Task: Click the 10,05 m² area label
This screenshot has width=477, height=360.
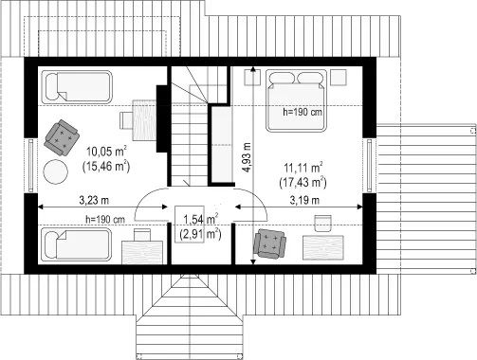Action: (106, 152)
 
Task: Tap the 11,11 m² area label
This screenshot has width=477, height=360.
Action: (303, 168)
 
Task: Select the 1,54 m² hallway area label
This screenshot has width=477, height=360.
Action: (200, 219)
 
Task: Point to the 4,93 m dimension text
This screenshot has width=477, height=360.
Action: (247, 157)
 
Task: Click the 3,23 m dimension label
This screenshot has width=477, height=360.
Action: (94, 200)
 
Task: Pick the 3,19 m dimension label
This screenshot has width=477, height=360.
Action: (304, 200)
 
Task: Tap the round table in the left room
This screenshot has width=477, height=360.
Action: (55, 171)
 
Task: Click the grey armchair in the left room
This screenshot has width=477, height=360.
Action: (62, 137)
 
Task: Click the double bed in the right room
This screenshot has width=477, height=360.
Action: (296, 100)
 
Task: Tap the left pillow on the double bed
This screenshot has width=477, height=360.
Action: (281, 79)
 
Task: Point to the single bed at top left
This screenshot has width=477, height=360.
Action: (77, 87)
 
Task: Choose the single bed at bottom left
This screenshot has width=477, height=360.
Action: (77, 244)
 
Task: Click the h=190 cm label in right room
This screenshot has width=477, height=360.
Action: (303, 112)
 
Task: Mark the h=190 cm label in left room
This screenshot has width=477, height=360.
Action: (105, 219)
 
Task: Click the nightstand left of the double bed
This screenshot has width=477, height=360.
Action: (252, 77)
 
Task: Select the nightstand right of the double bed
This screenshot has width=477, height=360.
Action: (339, 77)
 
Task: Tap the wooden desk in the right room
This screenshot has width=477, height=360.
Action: (323, 247)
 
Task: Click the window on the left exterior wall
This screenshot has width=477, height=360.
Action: (30, 166)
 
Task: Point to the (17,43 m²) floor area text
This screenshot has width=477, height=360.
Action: (303, 183)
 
